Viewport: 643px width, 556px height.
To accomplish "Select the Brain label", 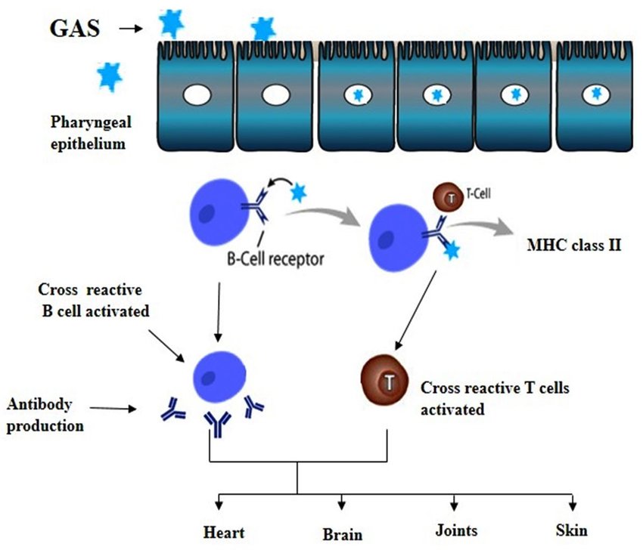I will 342,534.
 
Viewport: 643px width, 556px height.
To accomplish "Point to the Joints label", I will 455,530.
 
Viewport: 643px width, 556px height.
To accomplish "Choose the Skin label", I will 570,530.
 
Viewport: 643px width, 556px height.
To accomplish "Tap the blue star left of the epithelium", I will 110,76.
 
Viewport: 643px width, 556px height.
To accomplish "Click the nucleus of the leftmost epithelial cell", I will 198,96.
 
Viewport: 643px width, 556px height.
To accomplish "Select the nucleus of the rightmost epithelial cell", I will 597,94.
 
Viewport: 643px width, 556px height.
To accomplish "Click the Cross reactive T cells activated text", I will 495,399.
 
